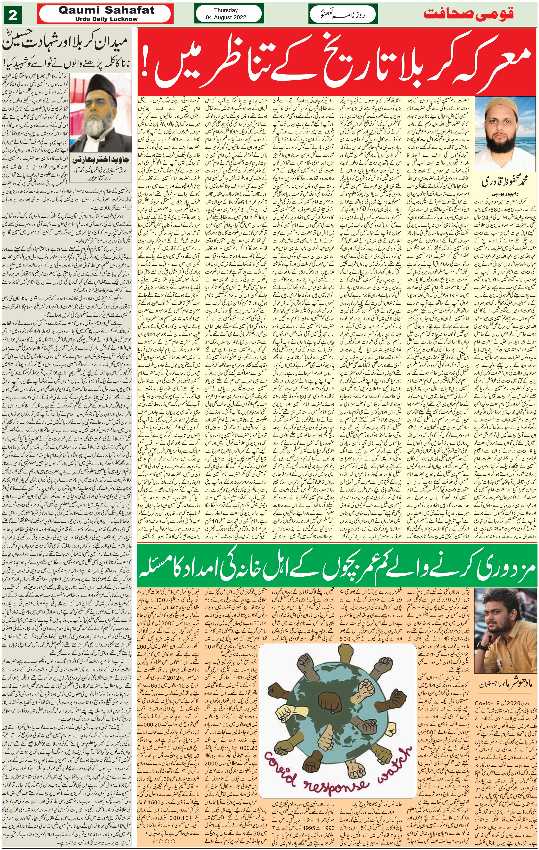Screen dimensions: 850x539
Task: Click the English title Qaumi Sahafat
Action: [x=106, y=10]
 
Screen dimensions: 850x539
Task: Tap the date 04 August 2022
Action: [x=226, y=17]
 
